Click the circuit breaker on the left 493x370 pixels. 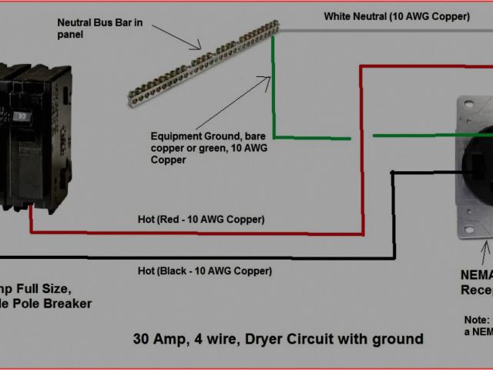pos(35,139)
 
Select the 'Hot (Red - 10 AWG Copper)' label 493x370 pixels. pos(212,220)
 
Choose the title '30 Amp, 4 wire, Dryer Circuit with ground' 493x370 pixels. pos(278,338)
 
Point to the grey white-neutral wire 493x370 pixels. pos(385,32)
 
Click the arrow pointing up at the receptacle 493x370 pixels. pos(485,251)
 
